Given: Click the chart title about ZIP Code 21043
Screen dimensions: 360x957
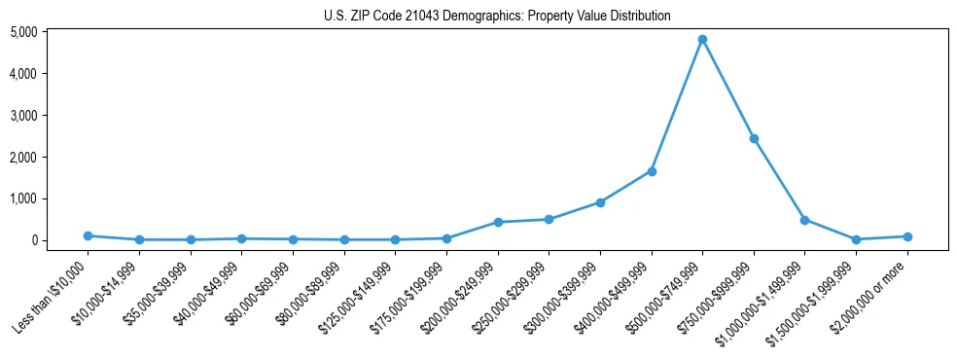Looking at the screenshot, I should [x=497, y=16].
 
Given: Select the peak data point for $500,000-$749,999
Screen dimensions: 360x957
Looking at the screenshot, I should [x=702, y=40].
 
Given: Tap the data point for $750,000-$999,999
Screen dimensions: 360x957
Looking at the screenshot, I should [x=754, y=138].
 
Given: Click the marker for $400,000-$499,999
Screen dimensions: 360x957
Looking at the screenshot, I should [x=652, y=171].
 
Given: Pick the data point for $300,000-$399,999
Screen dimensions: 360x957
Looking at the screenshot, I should [x=600, y=202].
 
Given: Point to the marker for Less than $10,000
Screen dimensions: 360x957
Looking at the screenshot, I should [x=88, y=235].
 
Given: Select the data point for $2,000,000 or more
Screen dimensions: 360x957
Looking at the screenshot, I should [x=907, y=236].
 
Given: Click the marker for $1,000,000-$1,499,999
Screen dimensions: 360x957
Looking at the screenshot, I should [x=804, y=220].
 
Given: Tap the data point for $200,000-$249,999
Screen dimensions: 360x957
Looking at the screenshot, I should [x=498, y=222].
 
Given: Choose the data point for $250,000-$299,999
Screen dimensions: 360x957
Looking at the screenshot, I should [x=549, y=219].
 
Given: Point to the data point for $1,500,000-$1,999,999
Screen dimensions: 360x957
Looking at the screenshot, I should [x=856, y=239].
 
